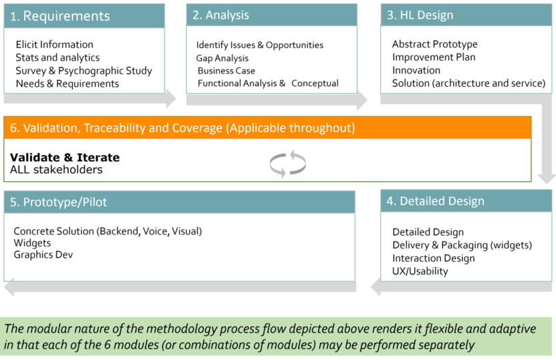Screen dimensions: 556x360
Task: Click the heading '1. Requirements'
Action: [x=60, y=16]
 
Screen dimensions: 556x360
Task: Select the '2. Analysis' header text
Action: [x=221, y=15]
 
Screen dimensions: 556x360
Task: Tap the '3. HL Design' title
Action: [x=420, y=15]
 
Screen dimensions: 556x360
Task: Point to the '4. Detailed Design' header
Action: [x=435, y=201]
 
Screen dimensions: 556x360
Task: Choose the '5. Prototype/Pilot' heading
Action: [x=58, y=202]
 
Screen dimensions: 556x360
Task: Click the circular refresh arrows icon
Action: [x=287, y=164]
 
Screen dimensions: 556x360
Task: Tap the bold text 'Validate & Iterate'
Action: [x=65, y=158]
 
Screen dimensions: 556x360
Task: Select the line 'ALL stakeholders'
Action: [x=56, y=170]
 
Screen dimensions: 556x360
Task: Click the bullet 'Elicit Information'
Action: [x=55, y=45]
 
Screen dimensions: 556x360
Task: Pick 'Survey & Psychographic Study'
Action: [x=84, y=71]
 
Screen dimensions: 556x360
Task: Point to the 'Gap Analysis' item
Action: [x=223, y=58]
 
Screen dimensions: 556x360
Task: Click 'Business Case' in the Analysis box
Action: [x=227, y=71]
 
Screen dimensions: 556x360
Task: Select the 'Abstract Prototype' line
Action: [x=435, y=44]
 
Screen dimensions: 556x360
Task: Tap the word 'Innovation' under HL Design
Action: [x=416, y=70]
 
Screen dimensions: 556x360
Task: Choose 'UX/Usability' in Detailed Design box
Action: [x=420, y=271]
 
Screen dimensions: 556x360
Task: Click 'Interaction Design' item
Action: [x=433, y=258]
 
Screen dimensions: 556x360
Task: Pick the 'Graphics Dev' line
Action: [x=43, y=254]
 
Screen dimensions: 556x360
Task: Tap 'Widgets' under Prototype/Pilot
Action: [x=32, y=243]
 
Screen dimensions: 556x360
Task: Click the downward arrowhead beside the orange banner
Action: [x=547, y=179]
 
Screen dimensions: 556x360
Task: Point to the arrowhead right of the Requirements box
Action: [x=171, y=98]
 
